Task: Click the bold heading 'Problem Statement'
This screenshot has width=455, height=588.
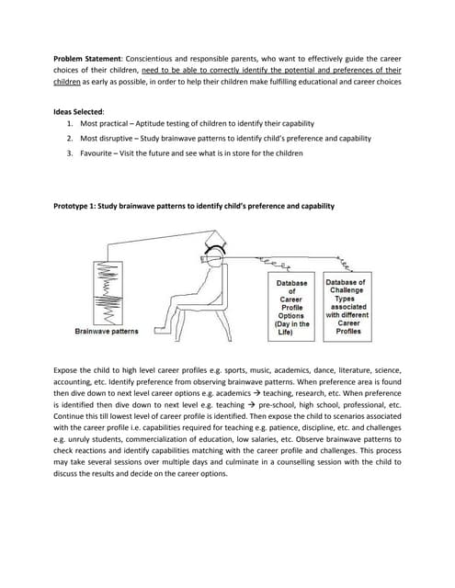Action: click(x=87, y=59)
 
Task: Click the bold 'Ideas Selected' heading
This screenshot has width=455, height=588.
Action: click(x=78, y=112)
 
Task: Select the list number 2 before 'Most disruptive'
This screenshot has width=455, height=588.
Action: click(x=70, y=139)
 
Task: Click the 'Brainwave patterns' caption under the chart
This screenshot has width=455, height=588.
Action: click(x=107, y=332)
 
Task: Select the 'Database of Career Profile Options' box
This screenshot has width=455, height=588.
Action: click(x=291, y=307)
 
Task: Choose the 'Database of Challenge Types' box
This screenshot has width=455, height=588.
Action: click(x=347, y=307)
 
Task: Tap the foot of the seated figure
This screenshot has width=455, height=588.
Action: click(x=160, y=330)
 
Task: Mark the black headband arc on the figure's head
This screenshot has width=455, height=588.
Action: click(x=215, y=247)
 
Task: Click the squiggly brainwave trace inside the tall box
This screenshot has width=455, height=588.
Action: click(x=108, y=293)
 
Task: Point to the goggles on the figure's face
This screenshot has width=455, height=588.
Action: click(x=209, y=259)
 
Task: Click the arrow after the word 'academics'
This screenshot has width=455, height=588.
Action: click(x=257, y=393)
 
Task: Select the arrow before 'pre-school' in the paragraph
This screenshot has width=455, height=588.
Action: click(x=251, y=405)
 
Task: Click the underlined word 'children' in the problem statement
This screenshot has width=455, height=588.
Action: click(x=67, y=82)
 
